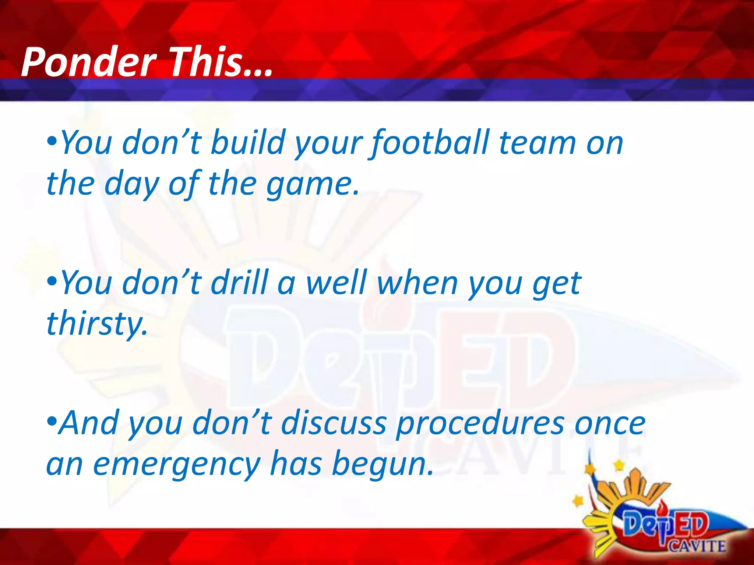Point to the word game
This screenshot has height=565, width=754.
(x=311, y=185)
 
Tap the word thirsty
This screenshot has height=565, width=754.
(x=96, y=324)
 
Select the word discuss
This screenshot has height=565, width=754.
(x=333, y=423)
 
